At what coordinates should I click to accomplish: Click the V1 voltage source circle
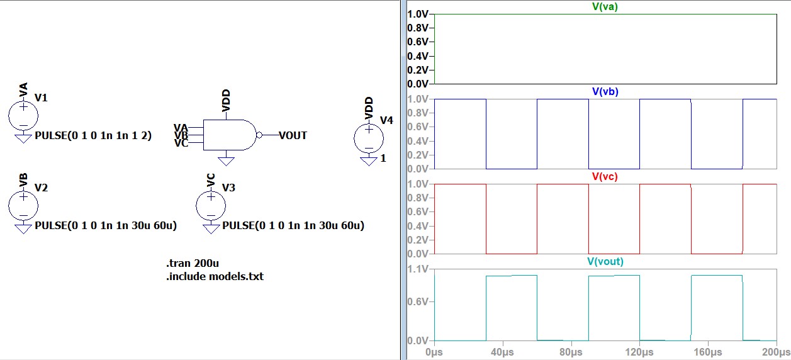23,115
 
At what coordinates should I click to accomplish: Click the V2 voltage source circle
23,205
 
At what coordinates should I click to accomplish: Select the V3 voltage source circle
211,205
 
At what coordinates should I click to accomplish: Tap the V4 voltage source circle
369,138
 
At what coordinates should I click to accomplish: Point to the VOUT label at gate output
293,135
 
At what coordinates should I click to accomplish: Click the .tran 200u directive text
191,263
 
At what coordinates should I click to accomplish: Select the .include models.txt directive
215,276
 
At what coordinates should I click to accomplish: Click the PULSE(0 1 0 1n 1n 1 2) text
93,135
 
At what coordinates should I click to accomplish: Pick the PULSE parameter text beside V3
294,225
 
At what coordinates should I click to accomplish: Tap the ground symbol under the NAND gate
226,161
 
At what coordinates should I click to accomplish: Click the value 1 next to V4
383,158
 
